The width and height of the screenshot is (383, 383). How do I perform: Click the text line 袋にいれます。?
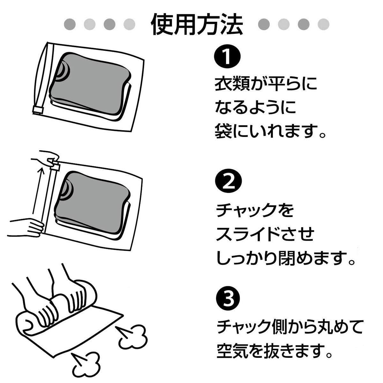coord(270,131)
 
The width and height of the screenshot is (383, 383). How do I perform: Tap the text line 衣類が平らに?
coord(266,84)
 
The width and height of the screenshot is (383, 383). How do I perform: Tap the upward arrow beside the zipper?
coord(38,191)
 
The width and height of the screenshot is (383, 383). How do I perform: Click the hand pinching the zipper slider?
coord(46,158)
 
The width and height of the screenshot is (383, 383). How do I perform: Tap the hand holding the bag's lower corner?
coord(27,227)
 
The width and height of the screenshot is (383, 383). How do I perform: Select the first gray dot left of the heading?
coord(70,24)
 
